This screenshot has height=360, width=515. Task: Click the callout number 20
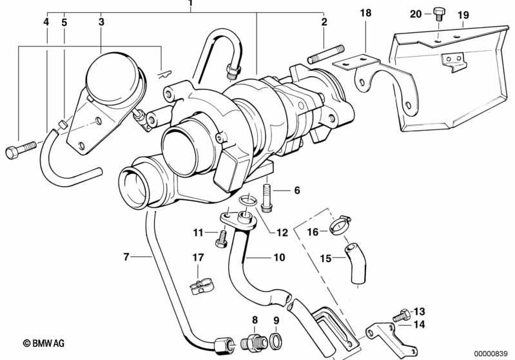(x=416, y=14)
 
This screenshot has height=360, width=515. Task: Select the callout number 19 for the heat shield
(x=463, y=15)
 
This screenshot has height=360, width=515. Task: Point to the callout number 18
(x=365, y=13)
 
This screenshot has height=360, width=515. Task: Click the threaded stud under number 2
(x=326, y=55)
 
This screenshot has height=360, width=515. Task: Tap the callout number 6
(x=297, y=191)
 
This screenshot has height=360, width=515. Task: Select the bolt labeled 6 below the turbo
(x=267, y=198)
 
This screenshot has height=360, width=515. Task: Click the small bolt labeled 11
(x=221, y=239)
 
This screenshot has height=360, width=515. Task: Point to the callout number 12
(x=282, y=232)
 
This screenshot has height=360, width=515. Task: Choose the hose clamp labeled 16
(x=340, y=225)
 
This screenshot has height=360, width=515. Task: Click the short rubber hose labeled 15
(x=355, y=263)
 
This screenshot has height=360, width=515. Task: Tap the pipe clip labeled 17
(x=202, y=287)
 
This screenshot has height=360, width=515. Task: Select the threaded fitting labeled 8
(x=254, y=341)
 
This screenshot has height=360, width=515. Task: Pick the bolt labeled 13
(x=402, y=315)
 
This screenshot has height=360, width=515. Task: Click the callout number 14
(x=420, y=325)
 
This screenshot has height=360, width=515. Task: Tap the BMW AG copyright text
(x=44, y=343)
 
